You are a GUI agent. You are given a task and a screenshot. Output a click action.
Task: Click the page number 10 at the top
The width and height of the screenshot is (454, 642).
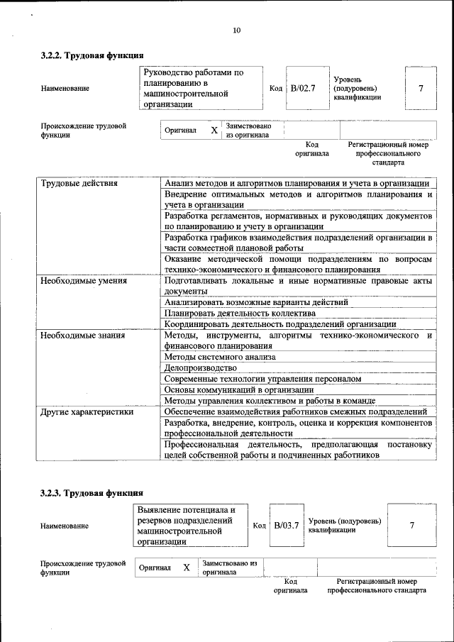point(236,30)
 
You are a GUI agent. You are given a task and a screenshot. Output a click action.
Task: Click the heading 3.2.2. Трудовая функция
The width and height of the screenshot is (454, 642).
point(92,55)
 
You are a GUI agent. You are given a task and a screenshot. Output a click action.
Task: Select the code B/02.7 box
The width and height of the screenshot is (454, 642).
point(303,88)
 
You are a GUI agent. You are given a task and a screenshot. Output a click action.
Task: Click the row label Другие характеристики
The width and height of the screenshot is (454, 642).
point(87,411)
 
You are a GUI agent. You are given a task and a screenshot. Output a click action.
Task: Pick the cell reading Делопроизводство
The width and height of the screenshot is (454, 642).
point(201,368)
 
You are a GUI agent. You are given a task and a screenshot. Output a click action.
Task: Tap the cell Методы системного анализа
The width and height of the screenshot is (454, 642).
point(220,357)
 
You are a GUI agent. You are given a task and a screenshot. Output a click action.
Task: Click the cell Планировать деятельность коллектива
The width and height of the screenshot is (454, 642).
point(240,313)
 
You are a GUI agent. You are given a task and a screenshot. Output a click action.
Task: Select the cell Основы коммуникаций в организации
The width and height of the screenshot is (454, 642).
point(239,389)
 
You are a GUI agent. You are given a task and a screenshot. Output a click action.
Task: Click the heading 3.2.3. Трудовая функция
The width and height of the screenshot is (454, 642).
point(92,493)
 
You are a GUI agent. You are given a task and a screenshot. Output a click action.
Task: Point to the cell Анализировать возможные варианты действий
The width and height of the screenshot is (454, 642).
point(256,302)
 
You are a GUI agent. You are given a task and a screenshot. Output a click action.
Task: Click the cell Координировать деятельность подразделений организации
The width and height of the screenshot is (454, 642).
point(280,324)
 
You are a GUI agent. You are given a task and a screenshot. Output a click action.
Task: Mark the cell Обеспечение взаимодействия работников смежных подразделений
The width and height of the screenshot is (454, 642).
point(295,411)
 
